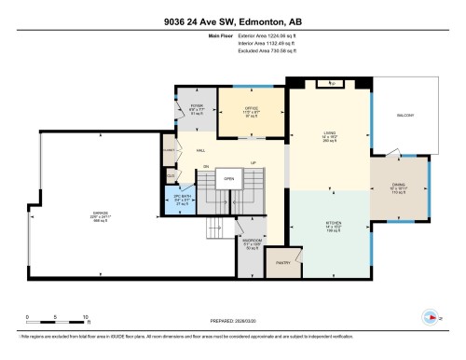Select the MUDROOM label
pyautogui.click(x=252, y=240)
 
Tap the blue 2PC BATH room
pyautogui.click(x=184, y=198)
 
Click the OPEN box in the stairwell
pyautogui.click(x=226, y=178)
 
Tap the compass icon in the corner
pyautogui.click(x=431, y=317)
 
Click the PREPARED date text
pyautogui.click(x=232, y=315)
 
